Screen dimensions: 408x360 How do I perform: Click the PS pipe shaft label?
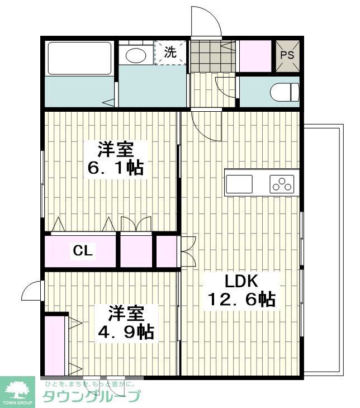tap(287, 55)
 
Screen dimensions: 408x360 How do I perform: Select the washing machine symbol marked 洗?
tap(170, 53)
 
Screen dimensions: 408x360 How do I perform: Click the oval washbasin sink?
tap(135, 55)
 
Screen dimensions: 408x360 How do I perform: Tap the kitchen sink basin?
tap(239, 183)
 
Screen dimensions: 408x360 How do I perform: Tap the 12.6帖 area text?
tap(241, 300)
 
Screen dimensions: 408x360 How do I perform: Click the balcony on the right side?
tap(323, 252)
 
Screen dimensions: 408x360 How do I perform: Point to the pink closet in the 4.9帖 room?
tap(55, 345)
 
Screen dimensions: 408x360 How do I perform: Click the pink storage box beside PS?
tap(255, 55)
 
